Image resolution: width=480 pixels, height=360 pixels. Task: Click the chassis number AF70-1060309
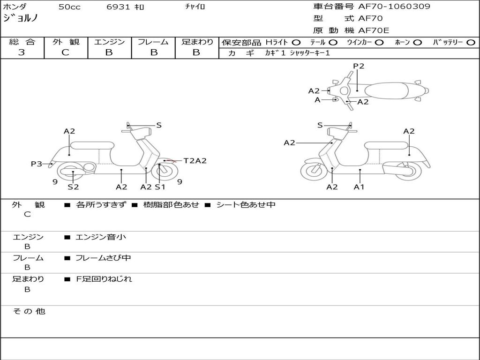pyautogui.click(x=394, y=7)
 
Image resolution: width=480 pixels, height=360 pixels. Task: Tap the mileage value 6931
pyautogui.click(x=118, y=7)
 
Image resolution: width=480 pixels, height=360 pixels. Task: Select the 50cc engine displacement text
pyautogui.click(x=69, y=7)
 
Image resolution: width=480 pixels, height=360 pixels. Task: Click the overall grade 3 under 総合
pyautogui.click(x=22, y=52)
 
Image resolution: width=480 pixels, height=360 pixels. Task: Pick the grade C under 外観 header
pyautogui.click(x=65, y=52)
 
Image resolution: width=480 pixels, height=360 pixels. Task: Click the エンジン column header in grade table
pyautogui.click(x=109, y=42)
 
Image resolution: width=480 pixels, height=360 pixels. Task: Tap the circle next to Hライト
pyautogui.click(x=296, y=43)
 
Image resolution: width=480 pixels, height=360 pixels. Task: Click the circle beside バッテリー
pyautogui.click(x=471, y=43)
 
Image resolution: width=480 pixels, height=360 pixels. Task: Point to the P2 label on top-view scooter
pyautogui.click(x=359, y=66)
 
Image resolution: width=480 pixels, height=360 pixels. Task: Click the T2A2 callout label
pyautogui.click(x=195, y=161)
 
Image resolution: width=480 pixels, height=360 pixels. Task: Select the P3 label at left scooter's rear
pyautogui.click(x=37, y=164)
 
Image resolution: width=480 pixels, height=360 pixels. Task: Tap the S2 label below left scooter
pyautogui.click(x=73, y=187)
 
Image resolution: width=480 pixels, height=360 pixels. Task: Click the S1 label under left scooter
pyautogui.click(x=160, y=187)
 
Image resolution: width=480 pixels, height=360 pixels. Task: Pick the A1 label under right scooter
pyautogui.click(x=359, y=187)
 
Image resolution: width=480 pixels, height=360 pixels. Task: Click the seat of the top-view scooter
pyautogui.click(x=386, y=91)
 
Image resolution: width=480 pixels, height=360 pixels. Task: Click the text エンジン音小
pyautogui.click(x=101, y=237)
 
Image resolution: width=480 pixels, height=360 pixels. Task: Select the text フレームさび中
pyautogui.click(x=103, y=258)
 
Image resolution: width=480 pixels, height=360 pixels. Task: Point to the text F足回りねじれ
pyautogui.click(x=104, y=279)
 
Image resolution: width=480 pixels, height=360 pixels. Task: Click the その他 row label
pyautogui.click(x=29, y=311)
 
